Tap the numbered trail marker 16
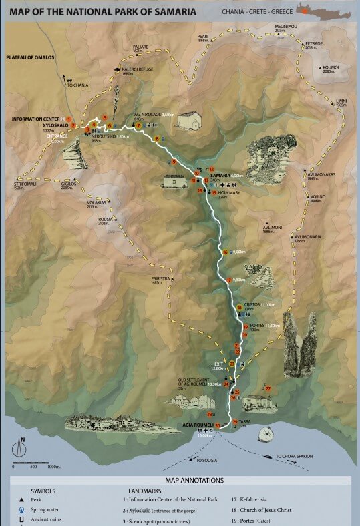pos(226,252)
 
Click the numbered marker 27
pos(268,388)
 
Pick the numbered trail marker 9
pos(174,162)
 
